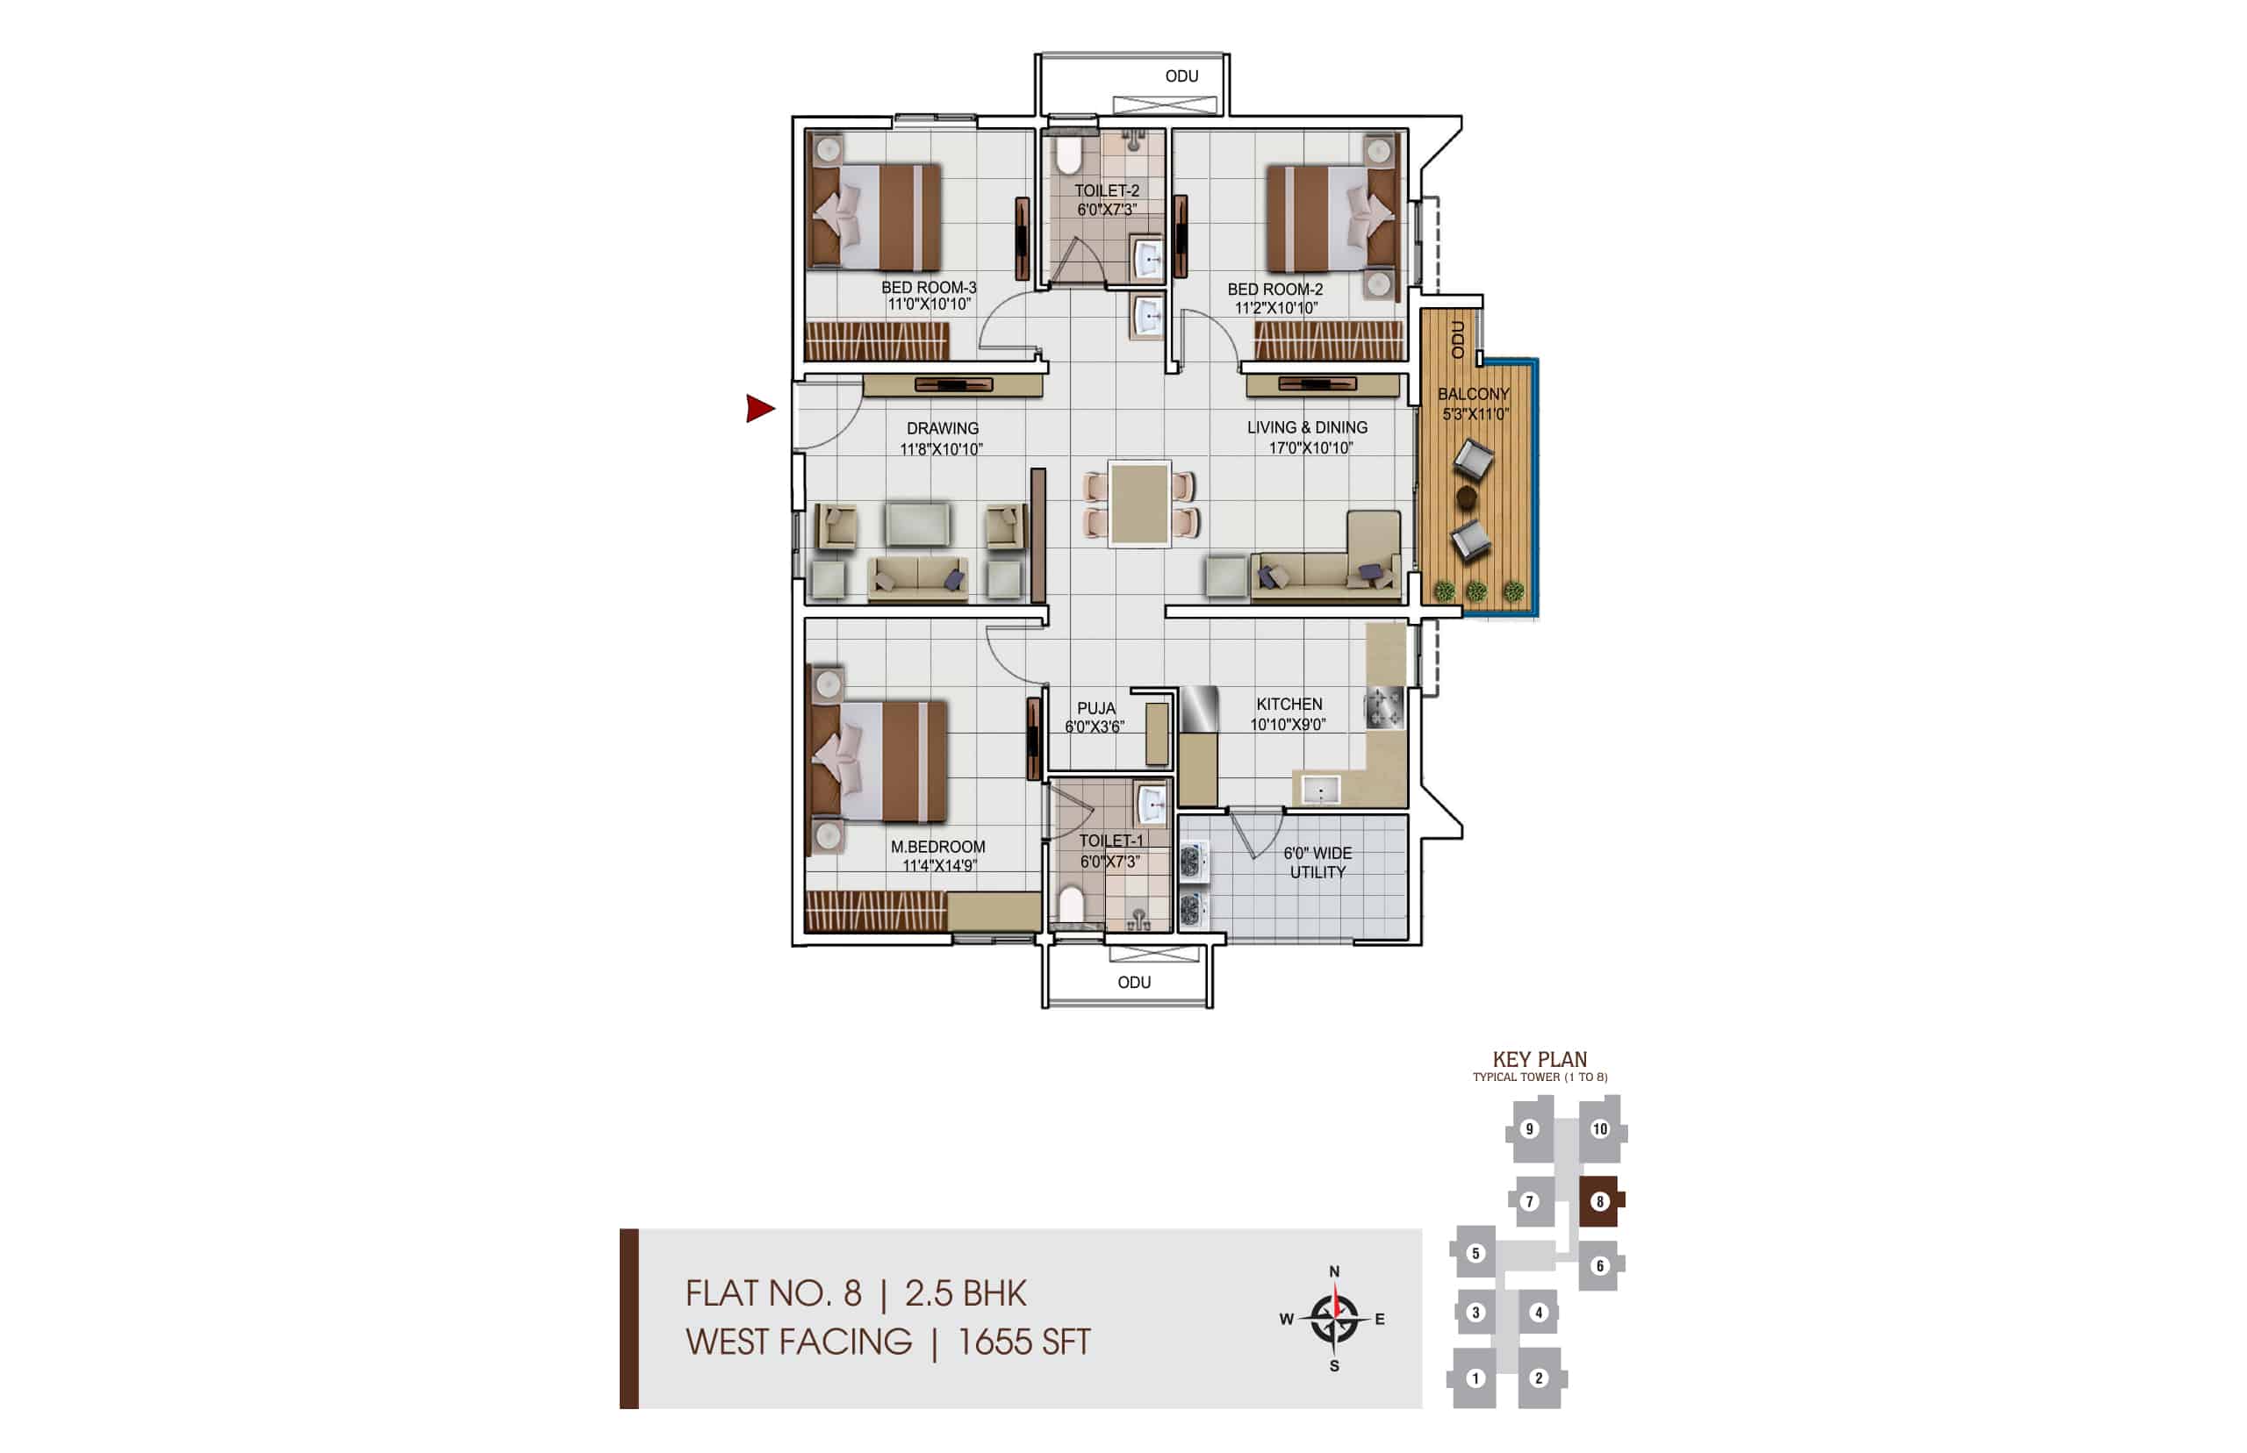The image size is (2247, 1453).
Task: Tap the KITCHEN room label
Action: [1289, 705]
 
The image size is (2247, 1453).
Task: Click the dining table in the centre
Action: [1139, 504]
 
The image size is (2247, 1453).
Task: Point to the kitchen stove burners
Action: [1383, 707]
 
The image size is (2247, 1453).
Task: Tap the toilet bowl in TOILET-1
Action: [1071, 904]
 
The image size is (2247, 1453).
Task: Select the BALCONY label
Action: [1472, 394]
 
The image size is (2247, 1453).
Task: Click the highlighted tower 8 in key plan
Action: [1599, 1201]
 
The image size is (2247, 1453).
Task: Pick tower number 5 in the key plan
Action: [1475, 1253]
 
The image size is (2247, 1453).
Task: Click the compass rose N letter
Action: [1333, 1270]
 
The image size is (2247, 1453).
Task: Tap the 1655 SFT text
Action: [1024, 1342]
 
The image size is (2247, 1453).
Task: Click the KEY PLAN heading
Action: [1540, 1060]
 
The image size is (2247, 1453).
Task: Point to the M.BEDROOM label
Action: [937, 848]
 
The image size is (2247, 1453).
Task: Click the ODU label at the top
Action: [1181, 76]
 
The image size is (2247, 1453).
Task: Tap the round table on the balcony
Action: [1466, 496]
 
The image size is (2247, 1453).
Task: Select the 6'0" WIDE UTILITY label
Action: [1317, 862]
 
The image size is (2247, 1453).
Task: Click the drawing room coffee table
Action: [917, 524]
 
